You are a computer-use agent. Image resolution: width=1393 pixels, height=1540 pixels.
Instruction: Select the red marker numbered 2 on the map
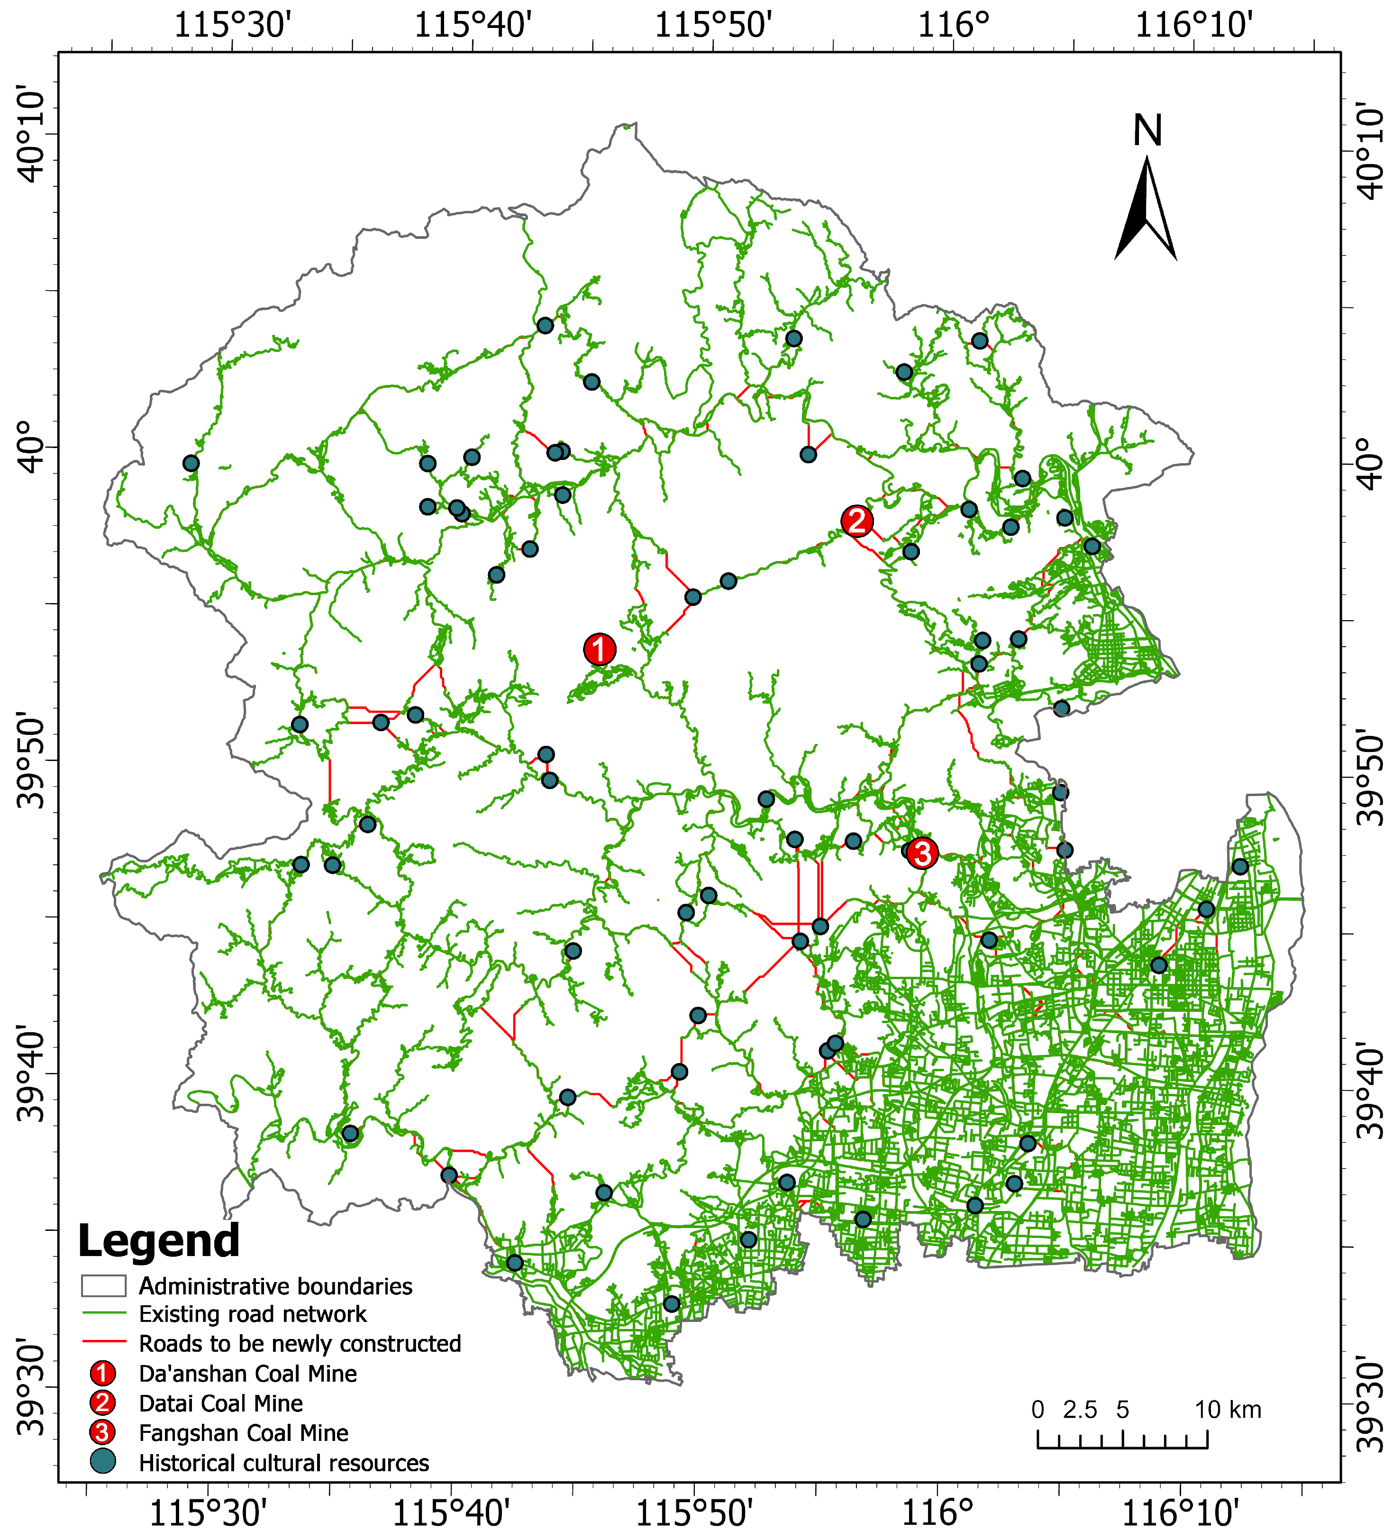(x=857, y=521)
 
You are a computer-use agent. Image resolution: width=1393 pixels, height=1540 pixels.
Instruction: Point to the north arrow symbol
(x=1146, y=210)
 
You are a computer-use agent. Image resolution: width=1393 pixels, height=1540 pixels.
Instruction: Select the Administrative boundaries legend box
(x=104, y=1286)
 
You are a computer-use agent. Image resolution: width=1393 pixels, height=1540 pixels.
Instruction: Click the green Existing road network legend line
(x=104, y=1314)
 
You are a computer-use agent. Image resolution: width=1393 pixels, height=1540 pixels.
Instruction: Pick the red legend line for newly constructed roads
(x=104, y=1343)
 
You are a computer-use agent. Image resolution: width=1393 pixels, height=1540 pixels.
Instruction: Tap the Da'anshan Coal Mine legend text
(x=247, y=1374)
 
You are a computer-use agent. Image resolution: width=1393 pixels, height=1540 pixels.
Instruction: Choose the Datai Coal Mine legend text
(x=221, y=1403)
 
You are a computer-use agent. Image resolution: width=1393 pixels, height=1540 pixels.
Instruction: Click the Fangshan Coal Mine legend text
(x=243, y=1433)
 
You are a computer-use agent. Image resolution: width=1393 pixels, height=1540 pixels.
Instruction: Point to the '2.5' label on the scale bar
(x=1080, y=1409)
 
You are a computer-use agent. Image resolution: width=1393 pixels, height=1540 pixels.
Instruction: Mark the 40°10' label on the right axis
(x=1372, y=153)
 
